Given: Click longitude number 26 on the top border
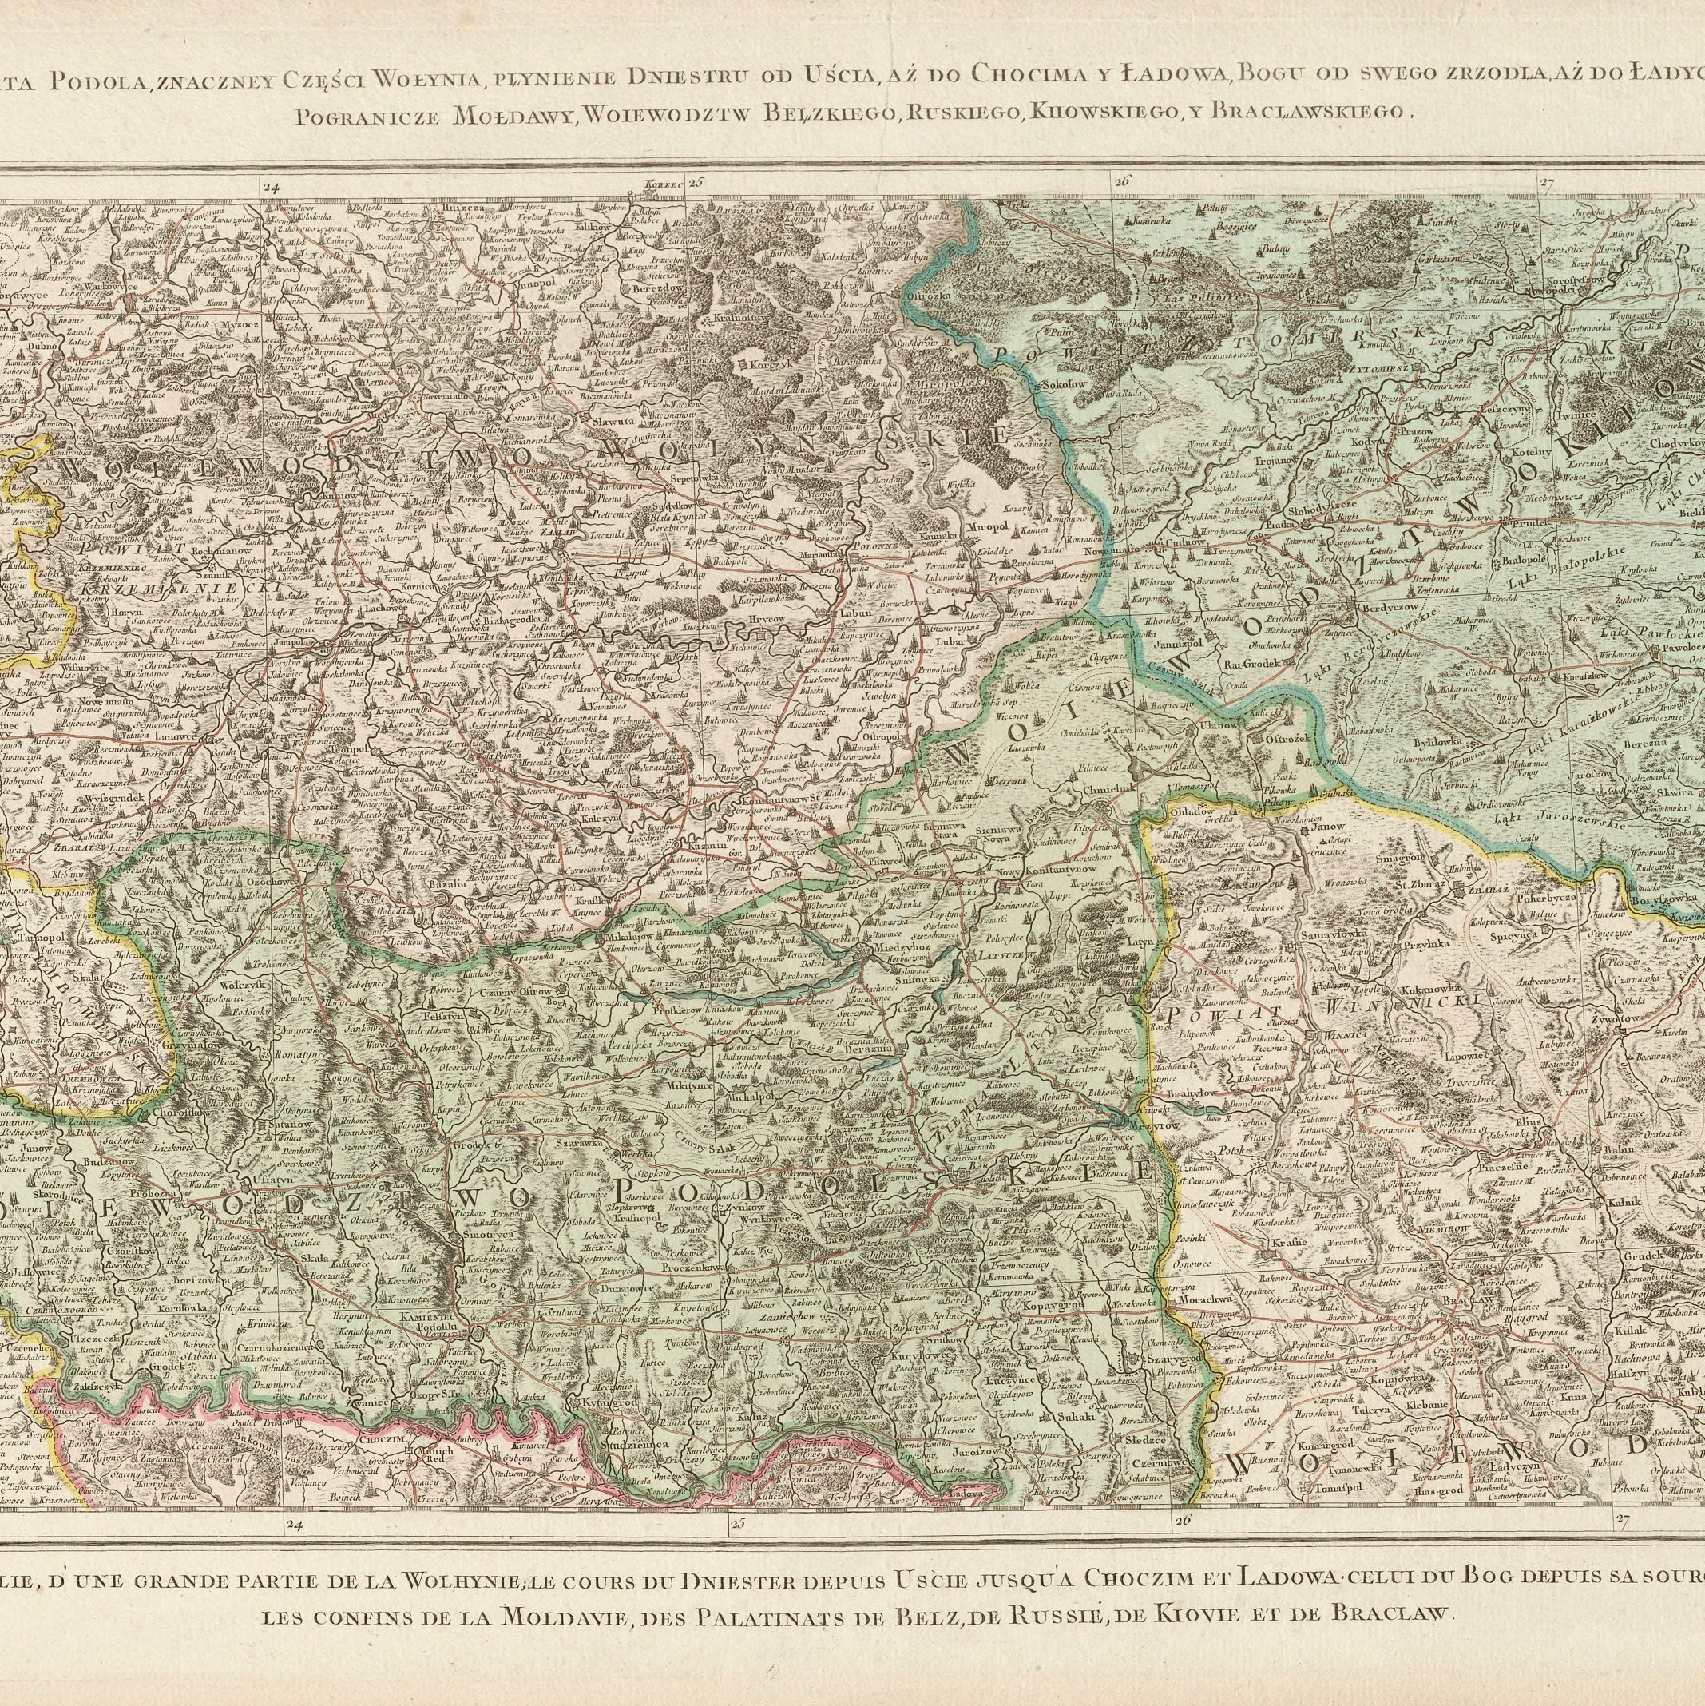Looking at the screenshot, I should click(1121, 181).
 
